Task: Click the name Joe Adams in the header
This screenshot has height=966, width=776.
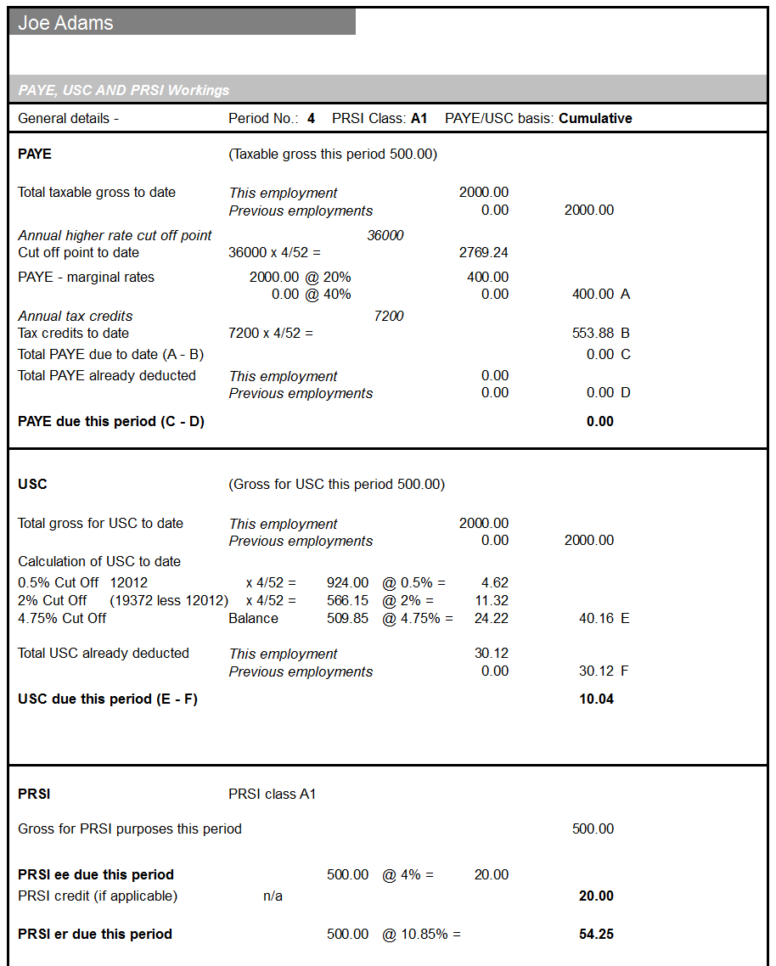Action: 65,23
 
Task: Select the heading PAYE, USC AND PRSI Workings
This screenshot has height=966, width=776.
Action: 124,90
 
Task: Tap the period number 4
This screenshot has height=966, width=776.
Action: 311,119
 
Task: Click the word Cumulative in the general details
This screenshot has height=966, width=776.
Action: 595,119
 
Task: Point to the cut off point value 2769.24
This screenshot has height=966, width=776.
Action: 483,253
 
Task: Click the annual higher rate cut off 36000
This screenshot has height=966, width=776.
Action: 385,235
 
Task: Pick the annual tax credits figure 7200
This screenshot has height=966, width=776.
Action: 389,316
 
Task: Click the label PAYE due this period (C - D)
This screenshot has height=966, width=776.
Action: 111,422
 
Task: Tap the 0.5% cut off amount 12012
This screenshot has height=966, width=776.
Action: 129,583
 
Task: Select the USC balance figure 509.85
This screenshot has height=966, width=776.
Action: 347,619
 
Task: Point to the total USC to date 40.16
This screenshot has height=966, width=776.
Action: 596,619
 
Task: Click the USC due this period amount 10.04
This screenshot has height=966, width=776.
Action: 596,699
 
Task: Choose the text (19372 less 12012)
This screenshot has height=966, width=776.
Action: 169,601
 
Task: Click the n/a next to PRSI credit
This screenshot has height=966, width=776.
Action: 273,896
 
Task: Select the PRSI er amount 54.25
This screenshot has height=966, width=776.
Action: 596,935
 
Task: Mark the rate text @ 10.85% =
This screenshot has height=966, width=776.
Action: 421,935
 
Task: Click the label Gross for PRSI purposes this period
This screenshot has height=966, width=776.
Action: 130,829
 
